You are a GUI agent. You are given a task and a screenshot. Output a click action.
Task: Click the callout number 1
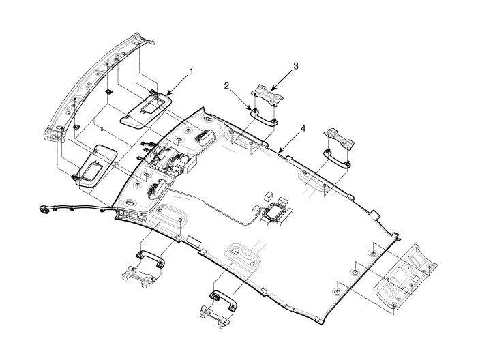click(191, 71)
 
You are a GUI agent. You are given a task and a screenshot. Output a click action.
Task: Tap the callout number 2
click(226, 86)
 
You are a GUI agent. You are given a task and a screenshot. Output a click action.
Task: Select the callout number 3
click(295, 66)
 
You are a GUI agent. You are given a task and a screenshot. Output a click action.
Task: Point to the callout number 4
click(302, 129)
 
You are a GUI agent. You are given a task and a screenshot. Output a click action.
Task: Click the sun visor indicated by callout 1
click(147, 111)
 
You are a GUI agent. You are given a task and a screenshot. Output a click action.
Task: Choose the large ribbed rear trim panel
click(406, 277)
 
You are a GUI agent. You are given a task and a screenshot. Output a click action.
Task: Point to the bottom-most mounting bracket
click(215, 316)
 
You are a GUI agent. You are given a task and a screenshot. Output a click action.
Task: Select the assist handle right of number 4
click(337, 157)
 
